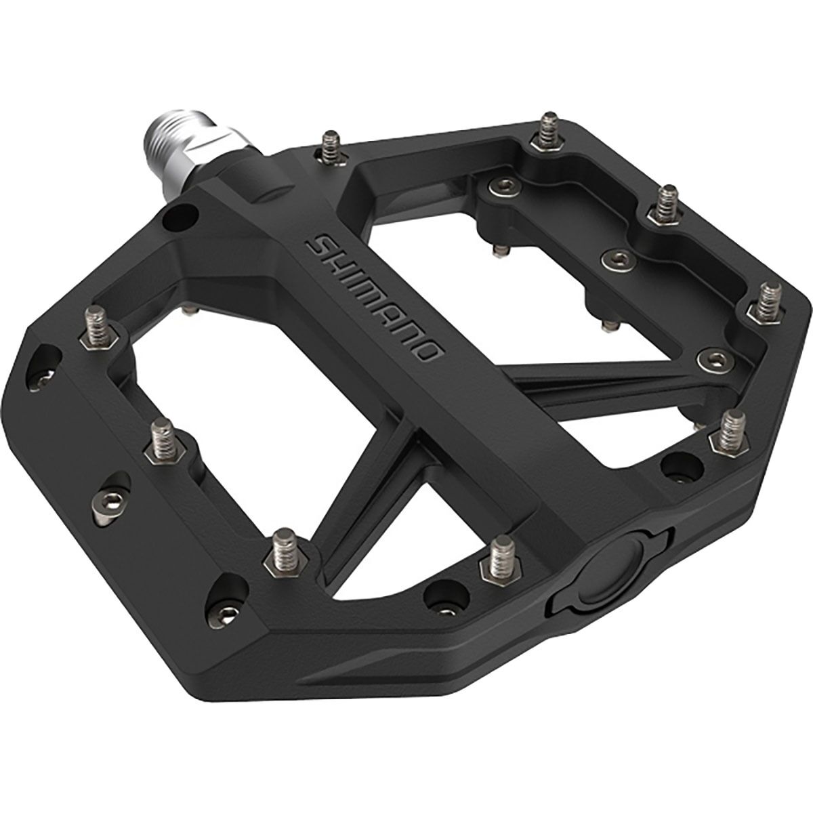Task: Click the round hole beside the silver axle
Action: click(x=181, y=218)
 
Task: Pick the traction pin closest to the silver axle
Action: click(x=332, y=148)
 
